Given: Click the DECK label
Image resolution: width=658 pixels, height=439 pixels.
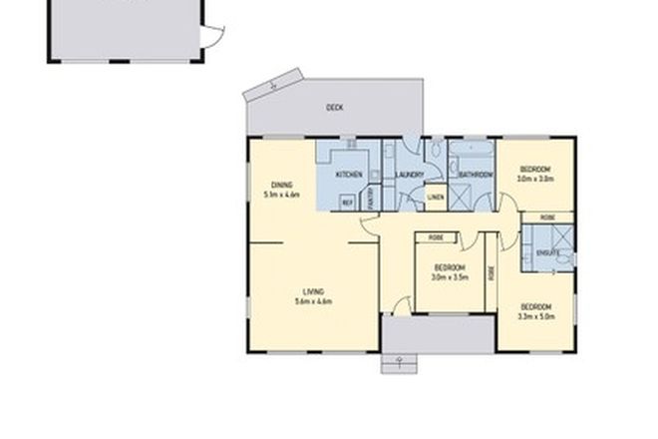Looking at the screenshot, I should click(x=335, y=107).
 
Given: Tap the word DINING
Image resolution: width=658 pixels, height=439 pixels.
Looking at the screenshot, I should click(x=281, y=185).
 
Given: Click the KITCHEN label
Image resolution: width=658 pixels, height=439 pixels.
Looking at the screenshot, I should click(x=348, y=176).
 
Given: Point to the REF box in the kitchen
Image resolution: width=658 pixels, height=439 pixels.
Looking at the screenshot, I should click(x=348, y=203).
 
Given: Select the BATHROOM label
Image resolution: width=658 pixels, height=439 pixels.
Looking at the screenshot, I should click(x=476, y=176).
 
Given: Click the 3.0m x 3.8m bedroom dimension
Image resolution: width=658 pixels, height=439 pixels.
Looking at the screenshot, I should click(x=535, y=180).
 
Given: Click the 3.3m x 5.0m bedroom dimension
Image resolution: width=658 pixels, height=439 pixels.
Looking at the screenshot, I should click(x=535, y=316).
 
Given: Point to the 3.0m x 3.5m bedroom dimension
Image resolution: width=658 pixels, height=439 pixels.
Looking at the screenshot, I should click(x=451, y=277).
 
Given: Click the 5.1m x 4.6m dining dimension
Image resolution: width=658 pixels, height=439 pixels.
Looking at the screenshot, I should click(x=281, y=195).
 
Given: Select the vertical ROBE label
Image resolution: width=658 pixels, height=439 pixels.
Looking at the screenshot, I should click(x=491, y=271).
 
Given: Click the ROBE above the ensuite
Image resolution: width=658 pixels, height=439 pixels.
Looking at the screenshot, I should click(x=547, y=218).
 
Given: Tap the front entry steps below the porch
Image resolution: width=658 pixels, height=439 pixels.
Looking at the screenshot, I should click(x=397, y=363).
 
